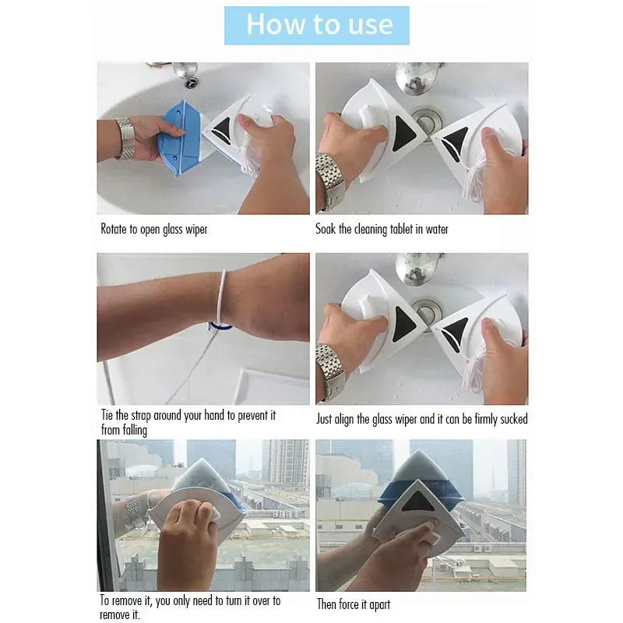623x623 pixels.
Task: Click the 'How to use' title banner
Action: [317, 26]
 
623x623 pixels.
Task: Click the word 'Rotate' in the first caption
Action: [114, 229]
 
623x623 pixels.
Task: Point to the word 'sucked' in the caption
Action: [514, 419]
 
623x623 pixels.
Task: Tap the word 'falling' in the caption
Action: [135, 431]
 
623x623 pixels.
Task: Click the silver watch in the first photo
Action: [125, 138]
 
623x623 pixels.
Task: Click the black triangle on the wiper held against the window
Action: [416, 502]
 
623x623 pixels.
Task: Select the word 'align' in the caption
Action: [344, 419]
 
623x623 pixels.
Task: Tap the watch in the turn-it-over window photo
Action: [133, 512]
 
